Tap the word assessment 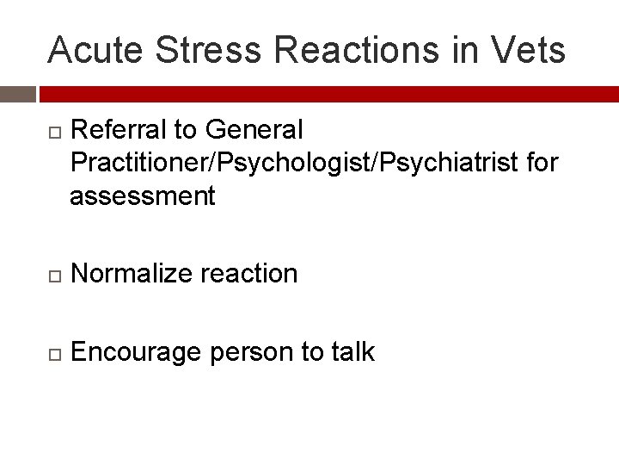pyautogui.click(x=143, y=196)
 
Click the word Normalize pyautogui.click(x=133, y=274)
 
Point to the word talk pyautogui.click(x=351, y=351)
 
